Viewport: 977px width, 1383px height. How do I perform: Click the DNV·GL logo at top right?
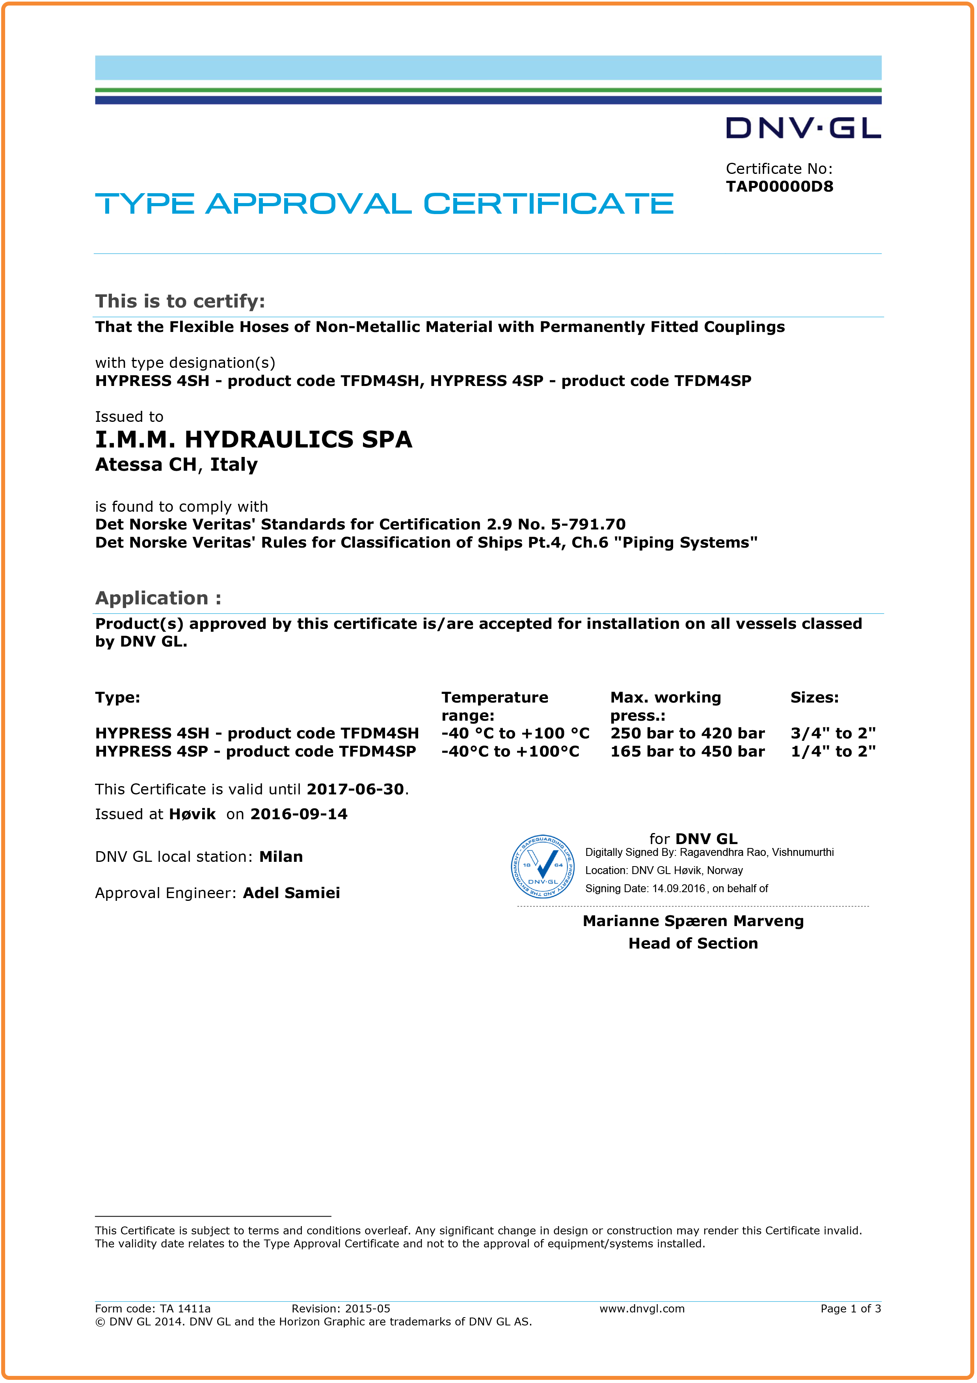tap(803, 128)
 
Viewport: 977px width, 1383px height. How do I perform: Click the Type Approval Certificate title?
tap(384, 204)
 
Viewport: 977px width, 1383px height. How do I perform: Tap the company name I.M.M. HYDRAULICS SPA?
tap(253, 440)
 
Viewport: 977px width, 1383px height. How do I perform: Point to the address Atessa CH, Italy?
tap(177, 465)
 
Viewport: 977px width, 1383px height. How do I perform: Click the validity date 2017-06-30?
tap(355, 789)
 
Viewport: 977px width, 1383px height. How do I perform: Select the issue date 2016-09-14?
tap(299, 815)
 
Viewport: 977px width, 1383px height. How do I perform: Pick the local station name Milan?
tap(281, 857)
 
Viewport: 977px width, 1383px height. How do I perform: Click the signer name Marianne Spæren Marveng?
tap(693, 921)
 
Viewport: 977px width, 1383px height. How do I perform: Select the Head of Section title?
tap(693, 943)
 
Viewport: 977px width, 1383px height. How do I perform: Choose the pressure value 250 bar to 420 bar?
tap(687, 734)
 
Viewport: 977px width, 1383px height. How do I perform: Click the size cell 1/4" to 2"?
tap(833, 752)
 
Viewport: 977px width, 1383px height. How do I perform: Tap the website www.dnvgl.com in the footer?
tap(642, 1308)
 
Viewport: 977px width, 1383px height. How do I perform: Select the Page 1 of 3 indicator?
tap(850, 1308)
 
